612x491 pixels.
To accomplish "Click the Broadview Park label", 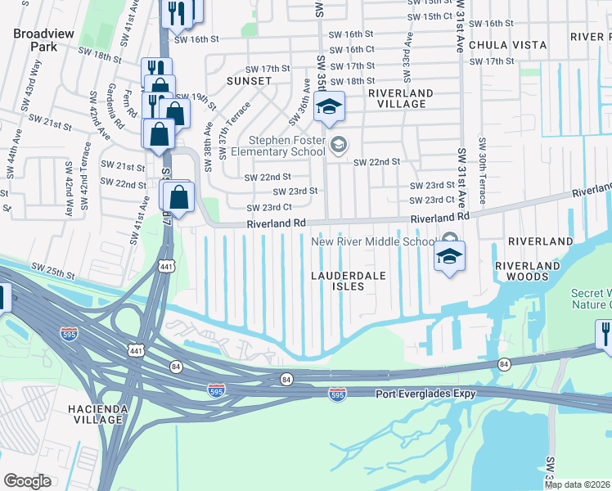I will (34, 40).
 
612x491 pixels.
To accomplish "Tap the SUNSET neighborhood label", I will (250, 82).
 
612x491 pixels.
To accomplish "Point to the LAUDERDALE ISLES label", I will (348, 282).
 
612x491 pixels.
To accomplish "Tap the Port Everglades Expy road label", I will (425, 394).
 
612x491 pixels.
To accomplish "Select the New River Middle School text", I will (373, 241).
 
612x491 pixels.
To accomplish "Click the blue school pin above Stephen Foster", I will (329, 108).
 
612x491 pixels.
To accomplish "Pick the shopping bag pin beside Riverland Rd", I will (178, 198).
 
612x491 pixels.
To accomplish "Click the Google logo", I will (28, 481).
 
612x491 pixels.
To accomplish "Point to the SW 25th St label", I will (51, 268).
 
